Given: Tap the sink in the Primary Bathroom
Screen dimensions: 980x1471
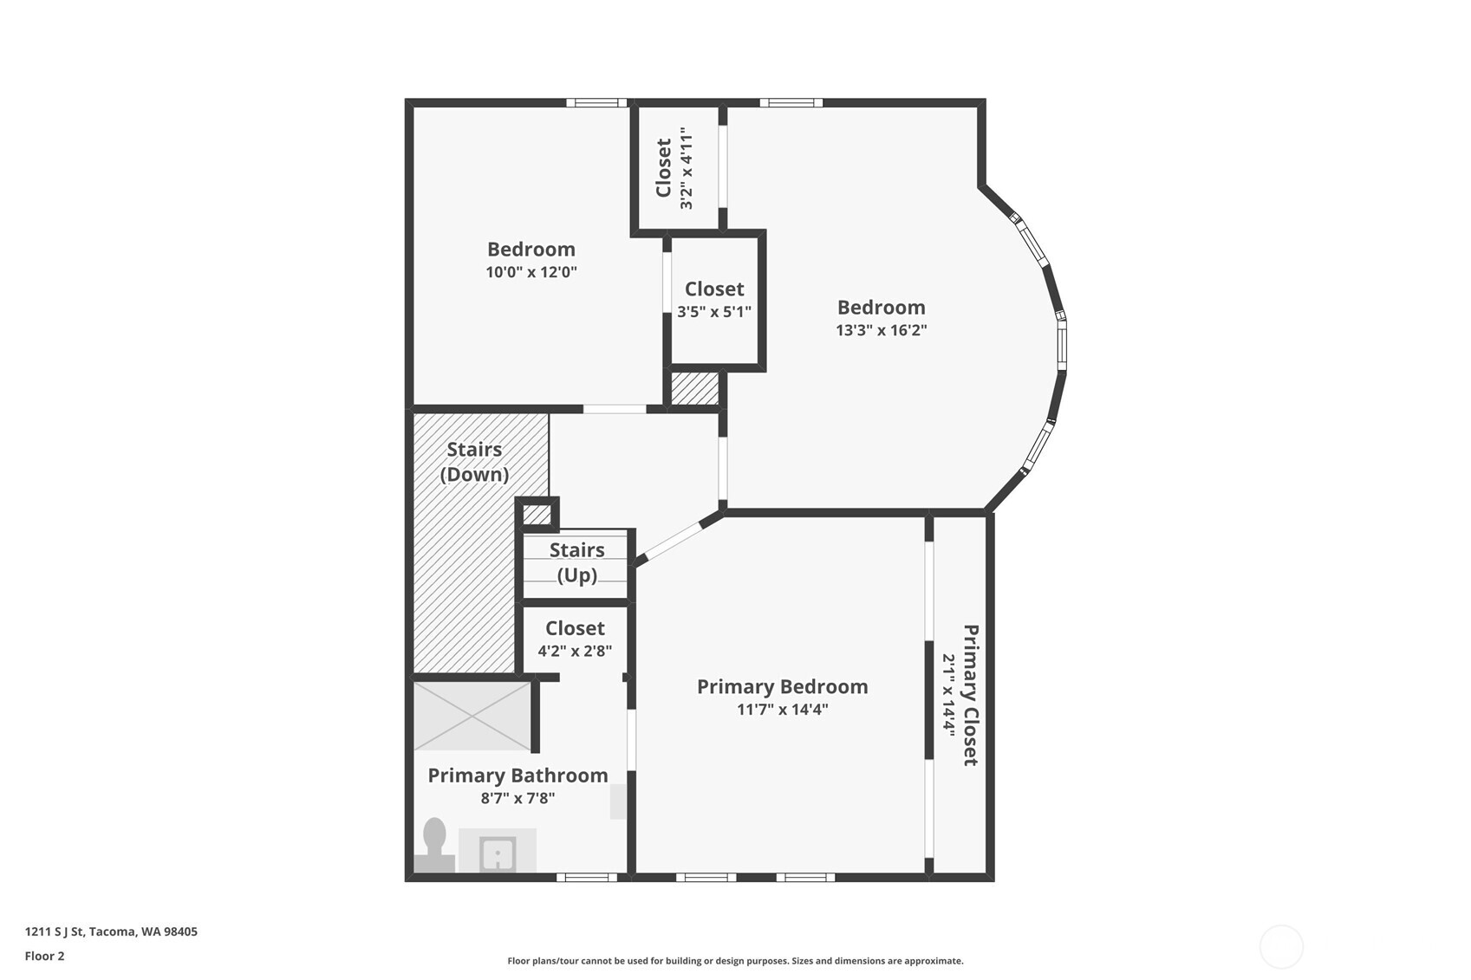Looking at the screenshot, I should click(498, 853).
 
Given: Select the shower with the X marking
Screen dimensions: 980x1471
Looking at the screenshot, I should click(472, 716).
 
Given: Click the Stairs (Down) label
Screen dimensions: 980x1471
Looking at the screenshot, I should click(474, 462).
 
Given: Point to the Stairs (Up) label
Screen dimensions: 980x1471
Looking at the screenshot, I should click(576, 562).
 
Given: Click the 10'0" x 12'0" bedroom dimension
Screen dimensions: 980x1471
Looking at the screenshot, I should click(531, 272).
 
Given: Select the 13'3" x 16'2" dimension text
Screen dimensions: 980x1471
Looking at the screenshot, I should click(882, 330).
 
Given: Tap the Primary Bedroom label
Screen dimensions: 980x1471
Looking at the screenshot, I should click(782, 686).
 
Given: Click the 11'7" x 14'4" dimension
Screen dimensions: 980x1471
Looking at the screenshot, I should click(782, 710).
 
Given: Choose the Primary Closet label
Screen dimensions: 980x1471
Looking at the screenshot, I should click(971, 695).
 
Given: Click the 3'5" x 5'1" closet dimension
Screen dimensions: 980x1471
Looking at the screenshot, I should click(714, 312).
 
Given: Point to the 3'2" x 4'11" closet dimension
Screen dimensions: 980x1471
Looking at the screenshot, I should click(687, 168).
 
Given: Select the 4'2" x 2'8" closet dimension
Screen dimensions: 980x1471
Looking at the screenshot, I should click(575, 651).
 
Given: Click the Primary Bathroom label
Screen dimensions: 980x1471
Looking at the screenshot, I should click(517, 776).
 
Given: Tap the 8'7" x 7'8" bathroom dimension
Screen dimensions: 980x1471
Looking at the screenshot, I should click(517, 798).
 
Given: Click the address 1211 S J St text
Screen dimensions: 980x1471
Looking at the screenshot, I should click(111, 931).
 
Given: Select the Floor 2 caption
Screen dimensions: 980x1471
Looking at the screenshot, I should click(44, 956).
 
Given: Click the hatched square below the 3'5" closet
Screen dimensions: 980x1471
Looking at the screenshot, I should click(695, 388).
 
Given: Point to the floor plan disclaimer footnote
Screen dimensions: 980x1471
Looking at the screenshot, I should click(735, 960).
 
